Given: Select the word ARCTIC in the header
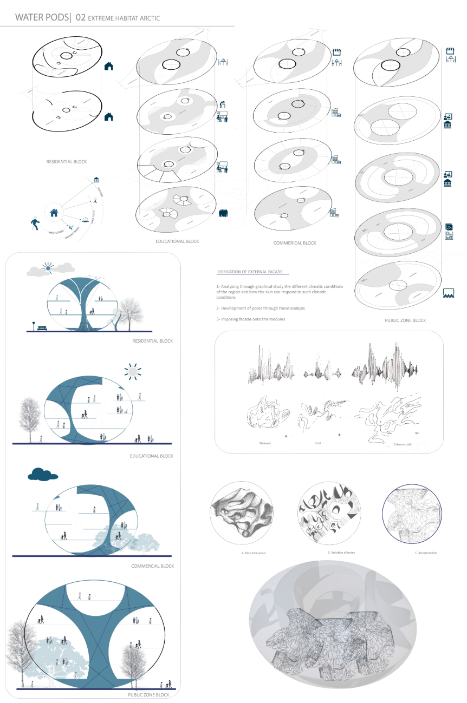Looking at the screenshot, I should (147, 18).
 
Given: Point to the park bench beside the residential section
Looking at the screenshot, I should (42, 327).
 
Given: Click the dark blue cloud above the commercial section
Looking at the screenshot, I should (43, 475).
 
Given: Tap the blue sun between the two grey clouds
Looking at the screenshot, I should (49, 267).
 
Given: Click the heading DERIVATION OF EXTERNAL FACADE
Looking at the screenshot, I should (250, 272).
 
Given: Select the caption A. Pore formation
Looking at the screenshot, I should (254, 553).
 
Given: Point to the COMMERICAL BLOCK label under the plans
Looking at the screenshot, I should (295, 244).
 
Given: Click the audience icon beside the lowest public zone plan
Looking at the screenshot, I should (449, 293).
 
